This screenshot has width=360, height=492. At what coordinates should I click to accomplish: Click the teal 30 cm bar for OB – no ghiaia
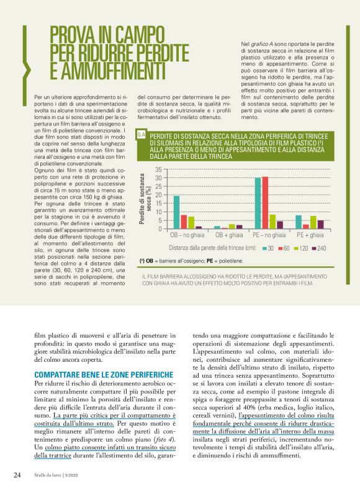[176, 212]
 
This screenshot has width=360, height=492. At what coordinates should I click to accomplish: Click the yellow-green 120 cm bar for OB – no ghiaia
[191, 223]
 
